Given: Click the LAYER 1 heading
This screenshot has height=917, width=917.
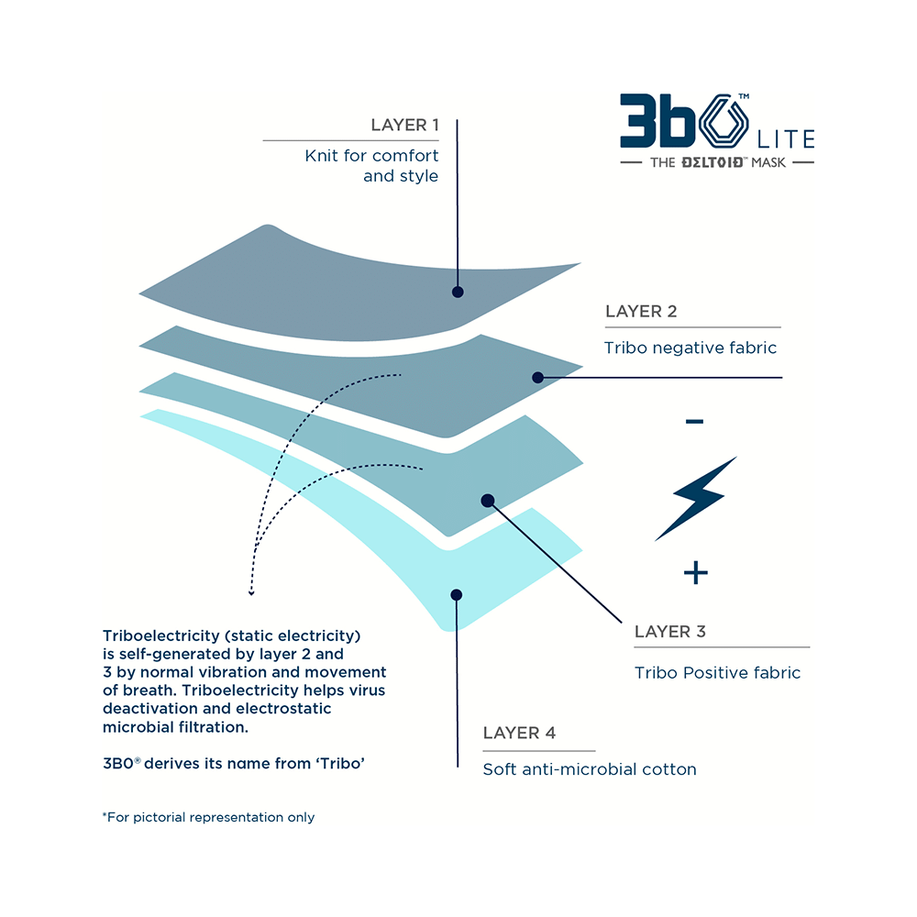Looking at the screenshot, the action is [404, 125].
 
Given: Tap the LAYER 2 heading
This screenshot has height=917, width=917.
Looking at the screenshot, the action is [641, 311].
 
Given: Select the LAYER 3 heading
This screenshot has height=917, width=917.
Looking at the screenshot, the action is [670, 632].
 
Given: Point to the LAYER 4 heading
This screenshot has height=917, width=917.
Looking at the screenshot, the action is [519, 733].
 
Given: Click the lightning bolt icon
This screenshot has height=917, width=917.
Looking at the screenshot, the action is [695, 499].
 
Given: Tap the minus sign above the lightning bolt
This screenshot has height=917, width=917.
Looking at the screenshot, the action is [695, 421].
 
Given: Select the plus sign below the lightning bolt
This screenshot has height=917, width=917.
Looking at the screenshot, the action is [696, 572].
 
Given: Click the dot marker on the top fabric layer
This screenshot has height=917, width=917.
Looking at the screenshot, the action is [458, 292].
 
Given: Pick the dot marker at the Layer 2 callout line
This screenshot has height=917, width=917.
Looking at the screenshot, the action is [538, 378].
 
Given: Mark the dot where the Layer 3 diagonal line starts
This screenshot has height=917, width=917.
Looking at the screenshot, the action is [488, 501].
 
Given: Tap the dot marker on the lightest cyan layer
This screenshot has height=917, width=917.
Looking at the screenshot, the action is [457, 595].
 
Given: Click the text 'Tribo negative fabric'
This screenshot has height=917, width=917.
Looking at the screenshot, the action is [691, 348].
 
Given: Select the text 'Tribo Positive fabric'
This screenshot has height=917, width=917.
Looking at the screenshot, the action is [718, 672].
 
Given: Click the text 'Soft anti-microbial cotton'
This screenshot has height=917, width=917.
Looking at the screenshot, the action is [590, 769].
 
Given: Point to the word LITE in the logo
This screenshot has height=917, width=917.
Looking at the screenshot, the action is [786, 139].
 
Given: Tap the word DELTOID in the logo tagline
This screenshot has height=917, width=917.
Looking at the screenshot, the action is [712, 162].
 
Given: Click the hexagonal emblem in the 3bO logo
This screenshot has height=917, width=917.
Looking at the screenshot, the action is [724, 122].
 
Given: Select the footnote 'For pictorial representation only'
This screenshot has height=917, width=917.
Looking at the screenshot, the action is [209, 817].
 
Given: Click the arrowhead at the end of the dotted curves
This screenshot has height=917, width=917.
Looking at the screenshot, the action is [251, 592].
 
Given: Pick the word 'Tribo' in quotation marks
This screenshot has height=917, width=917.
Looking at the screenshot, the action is [340, 763].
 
